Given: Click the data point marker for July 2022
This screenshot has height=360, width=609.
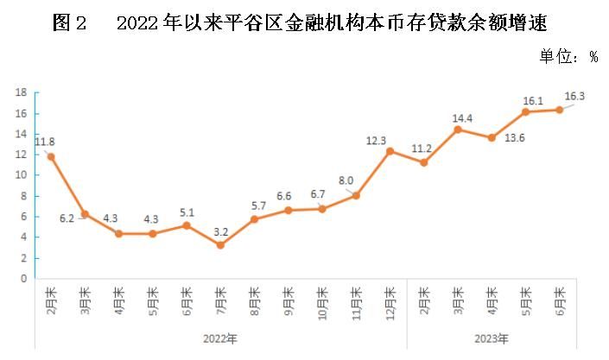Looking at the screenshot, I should (220, 245).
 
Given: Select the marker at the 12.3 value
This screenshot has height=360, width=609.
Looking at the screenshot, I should (390, 151).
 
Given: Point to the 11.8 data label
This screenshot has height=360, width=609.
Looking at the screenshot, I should (45, 142).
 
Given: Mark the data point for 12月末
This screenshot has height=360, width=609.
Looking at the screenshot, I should (390, 151).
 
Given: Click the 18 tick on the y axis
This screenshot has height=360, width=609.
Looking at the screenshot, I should (22, 92).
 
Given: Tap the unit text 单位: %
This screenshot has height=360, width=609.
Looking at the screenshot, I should (568, 56).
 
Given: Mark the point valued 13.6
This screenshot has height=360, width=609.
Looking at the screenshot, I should (492, 137).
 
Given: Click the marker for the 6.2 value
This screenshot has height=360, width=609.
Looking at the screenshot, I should (85, 214).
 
